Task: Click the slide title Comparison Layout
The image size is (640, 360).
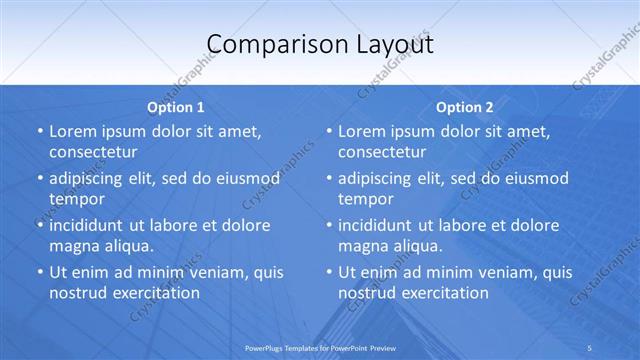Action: click(320, 44)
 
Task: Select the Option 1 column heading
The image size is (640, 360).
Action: click(176, 107)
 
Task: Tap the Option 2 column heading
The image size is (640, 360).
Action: click(465, 107)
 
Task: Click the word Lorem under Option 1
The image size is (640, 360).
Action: click(73, 131)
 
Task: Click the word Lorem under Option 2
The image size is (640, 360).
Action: click(362, 131)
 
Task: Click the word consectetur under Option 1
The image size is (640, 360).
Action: click(93, 152)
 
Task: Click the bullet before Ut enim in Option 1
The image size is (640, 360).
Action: click(39, 272)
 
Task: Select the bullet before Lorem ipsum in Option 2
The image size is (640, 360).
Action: click(328, 131)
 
